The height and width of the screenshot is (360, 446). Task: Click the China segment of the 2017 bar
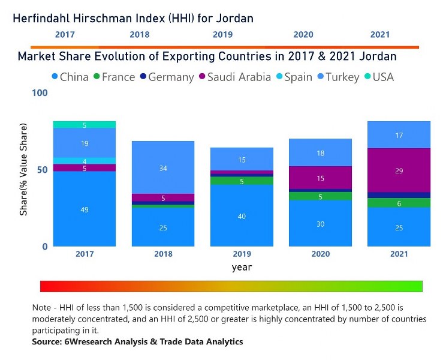point(85,209)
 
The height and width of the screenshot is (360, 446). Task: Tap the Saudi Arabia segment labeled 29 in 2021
point(399,170)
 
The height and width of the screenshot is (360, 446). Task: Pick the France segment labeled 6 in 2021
point(399,203)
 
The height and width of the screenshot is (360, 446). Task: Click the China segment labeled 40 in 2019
point(242,215)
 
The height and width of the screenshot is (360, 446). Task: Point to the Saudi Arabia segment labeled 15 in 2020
point(320,178)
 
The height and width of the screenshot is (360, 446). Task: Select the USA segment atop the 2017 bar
point(85,125)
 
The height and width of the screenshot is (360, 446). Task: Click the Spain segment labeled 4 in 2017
point(85,161)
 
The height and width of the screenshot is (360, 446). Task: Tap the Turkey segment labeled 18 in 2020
point(320,153)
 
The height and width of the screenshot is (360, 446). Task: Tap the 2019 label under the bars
point(242,254)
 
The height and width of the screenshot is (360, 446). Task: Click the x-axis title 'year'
point(242,267)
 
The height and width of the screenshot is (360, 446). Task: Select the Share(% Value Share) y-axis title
point(23,170)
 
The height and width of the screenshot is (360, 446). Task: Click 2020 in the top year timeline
point(303,35)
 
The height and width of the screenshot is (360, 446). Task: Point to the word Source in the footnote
point(46,341)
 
